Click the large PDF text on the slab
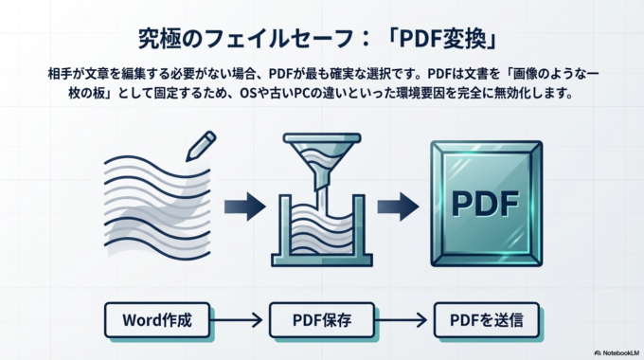point(487,204)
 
